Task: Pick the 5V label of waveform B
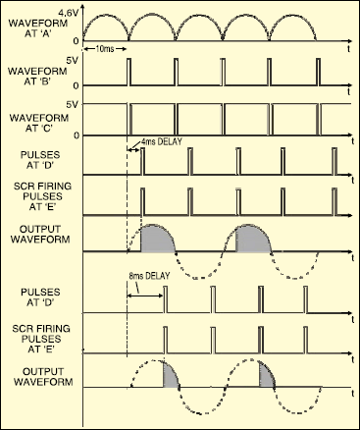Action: [71, 60]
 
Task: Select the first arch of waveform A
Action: [106, 24]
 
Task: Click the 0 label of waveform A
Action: [75, 39]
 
